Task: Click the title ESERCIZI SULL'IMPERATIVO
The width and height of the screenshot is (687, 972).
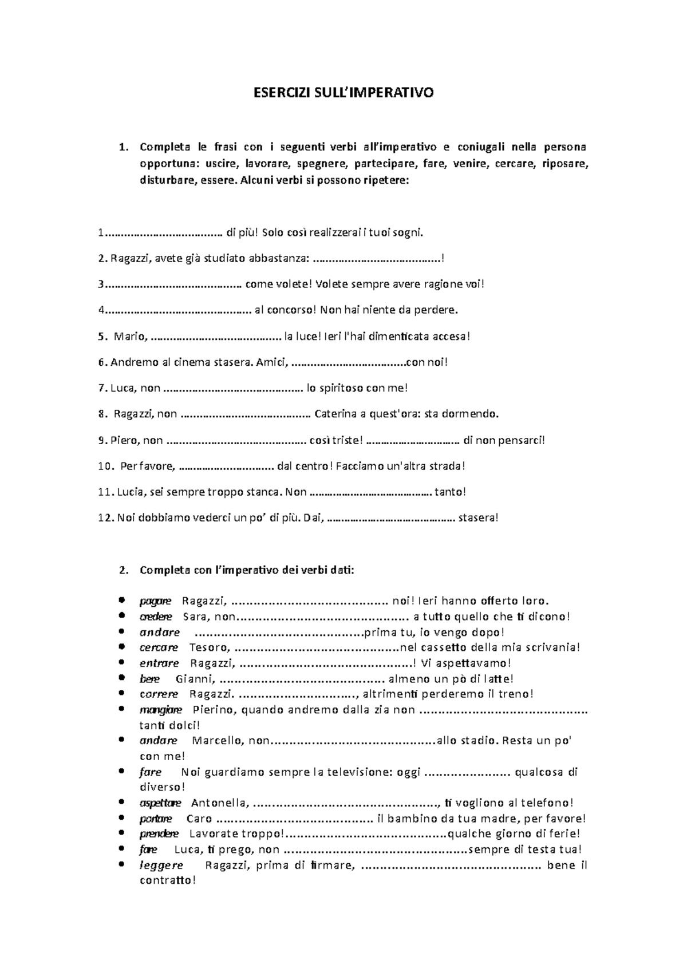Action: pyautogui.click(x=343, y=93)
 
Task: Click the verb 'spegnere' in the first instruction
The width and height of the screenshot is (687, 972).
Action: pyautogui.click(x=322, y=164)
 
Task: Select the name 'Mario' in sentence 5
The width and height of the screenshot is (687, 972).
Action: pyautogui.click(x=129, y=337)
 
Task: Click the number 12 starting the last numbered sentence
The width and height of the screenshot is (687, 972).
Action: pyautogui.click(x=105, y=518)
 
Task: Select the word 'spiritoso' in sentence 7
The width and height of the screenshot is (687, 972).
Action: pyautogui.click(x=334, y=388)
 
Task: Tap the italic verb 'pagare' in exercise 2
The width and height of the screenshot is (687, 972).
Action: pyautogui.click(x=155, y=601)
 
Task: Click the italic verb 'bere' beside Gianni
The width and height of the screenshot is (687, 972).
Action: pyautogui.click(x=149, y=679)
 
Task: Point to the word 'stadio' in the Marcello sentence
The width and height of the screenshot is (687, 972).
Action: pyautogui.click(x=479, y=740)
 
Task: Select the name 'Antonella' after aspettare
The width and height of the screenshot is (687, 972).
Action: pyautogui.click(x=219, y=803)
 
